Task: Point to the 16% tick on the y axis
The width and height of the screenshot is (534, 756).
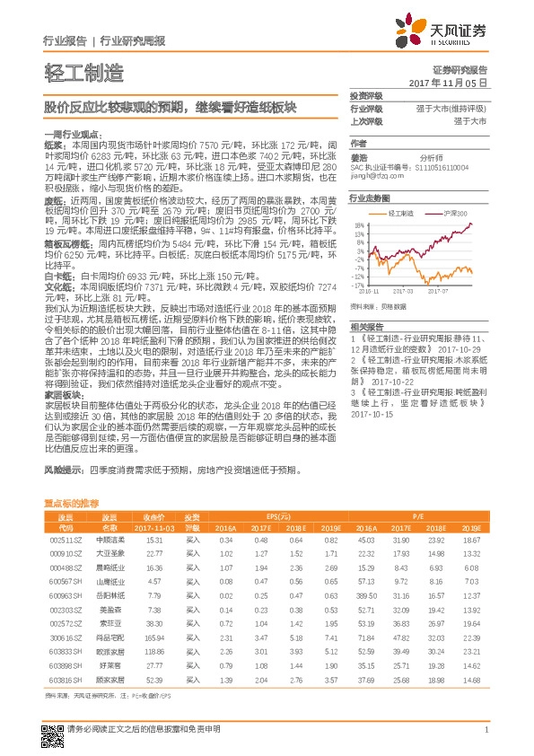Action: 359,226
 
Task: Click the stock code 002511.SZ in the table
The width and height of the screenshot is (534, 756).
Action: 66,540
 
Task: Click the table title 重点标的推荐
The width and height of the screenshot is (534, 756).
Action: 72,505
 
